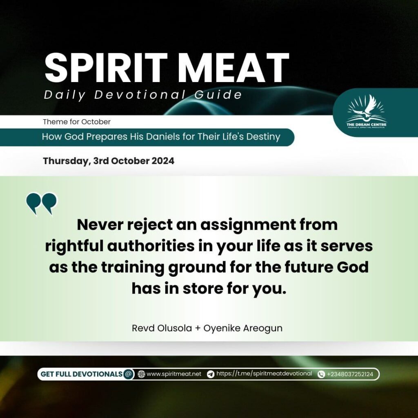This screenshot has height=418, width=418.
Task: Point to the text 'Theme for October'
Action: point(76,122)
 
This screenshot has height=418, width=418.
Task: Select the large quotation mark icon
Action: point(42,204)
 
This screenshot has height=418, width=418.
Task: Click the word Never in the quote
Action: point(100,225)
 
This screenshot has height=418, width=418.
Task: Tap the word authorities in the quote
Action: point(151,246)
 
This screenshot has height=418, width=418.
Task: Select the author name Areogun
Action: point(263,328)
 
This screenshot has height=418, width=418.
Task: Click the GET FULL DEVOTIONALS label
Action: point(81,374)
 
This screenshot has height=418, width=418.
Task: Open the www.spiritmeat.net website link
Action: point(174,374)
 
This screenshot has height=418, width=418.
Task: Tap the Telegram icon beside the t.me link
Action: point(211,374)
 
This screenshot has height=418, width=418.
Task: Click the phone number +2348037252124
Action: point(350,374)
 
